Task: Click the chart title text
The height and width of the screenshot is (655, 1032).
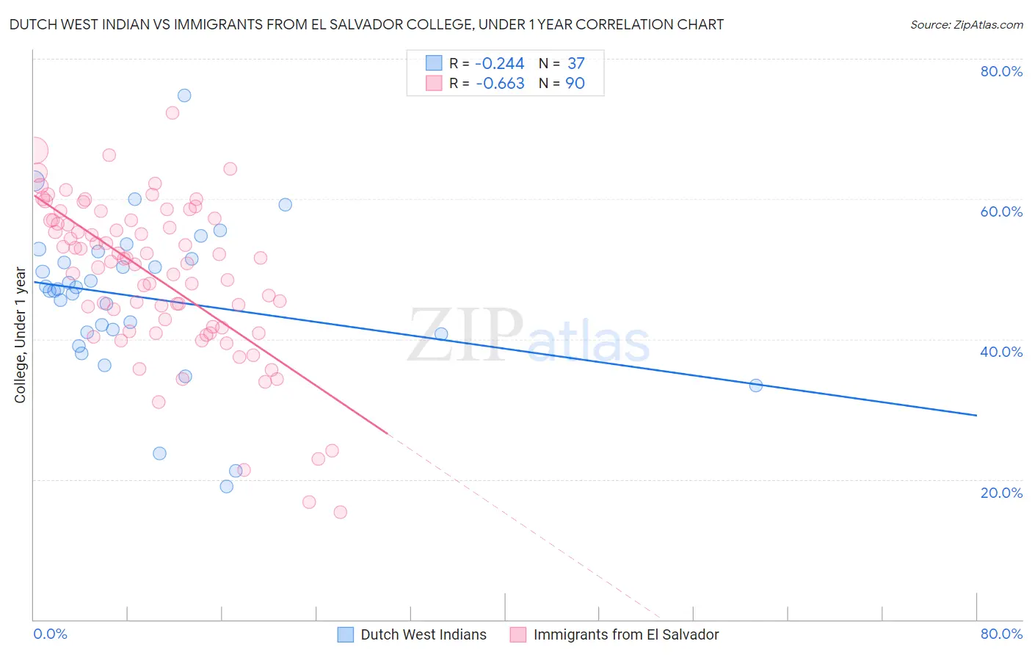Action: pos(366,24)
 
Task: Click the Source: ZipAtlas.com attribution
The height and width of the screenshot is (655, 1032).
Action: pos(966,25)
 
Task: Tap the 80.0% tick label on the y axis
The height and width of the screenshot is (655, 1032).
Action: pos(1001,71)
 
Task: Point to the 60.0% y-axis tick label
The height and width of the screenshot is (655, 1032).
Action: pos(1001,211)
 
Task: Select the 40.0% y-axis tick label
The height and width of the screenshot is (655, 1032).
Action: pos(1001,352)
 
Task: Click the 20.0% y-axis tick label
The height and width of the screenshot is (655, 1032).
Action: pos(1001,493)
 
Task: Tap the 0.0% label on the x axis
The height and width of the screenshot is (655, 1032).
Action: pos(50,634)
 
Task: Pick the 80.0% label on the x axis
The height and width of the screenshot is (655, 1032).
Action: pos(1001,634)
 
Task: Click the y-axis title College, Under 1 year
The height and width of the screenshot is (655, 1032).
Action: pos(21,336)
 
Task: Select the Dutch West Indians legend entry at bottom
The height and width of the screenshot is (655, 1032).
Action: pos(412,634)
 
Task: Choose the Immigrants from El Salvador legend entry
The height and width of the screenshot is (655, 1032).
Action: pos(614,634)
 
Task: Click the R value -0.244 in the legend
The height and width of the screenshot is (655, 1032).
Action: pos(500,64)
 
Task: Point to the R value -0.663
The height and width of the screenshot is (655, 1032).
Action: pos(500,84)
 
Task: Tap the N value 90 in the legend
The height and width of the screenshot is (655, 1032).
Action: pos(575,84)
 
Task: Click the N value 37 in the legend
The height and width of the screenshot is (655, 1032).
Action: pos(575,64)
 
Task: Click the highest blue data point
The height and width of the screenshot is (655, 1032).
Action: pos(184,95)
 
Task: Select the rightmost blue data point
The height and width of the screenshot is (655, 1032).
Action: pos(756,386)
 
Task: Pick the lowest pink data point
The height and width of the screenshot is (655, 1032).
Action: pos(340,513)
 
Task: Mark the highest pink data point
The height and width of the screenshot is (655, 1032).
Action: pos(172,113)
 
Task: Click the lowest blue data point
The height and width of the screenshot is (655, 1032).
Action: pos(227,487)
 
